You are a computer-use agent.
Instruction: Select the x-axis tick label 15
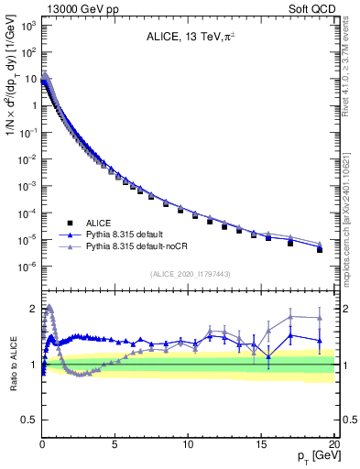coord(261,444)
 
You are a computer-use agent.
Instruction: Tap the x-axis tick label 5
coord(115,444)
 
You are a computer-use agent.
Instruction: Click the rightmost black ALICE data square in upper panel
coord(320,249)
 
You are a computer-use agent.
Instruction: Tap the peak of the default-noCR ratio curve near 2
coord(49,308)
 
